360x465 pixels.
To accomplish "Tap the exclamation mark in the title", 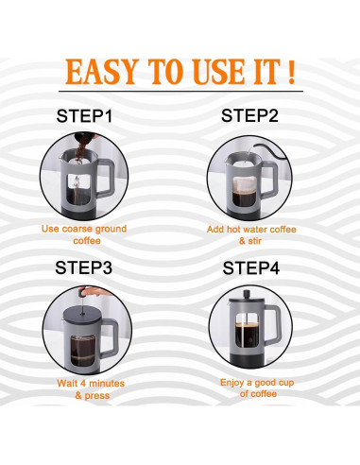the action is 291,72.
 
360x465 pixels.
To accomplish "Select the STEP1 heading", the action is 84,115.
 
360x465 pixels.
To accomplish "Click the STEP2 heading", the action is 249,115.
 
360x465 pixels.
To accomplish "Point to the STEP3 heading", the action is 84,267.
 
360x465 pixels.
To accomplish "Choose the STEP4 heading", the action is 251,268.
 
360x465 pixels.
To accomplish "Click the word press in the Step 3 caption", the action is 97,396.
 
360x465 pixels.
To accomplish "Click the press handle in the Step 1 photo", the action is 106,178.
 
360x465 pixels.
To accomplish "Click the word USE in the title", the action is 218,72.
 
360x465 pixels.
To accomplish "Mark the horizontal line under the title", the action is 180,92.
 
